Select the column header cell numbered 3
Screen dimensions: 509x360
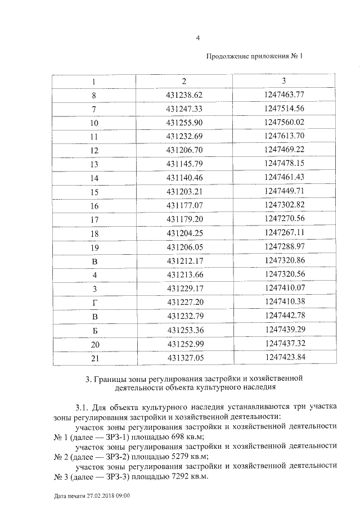[x=283, y=81]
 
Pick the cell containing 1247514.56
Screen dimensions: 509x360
[x=283, y=109]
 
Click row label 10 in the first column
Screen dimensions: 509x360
[x=94, y=123]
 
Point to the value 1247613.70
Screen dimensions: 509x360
[x=283, y=136]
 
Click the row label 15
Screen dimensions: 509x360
[x=94, y=192]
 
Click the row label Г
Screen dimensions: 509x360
[x=94, y=302]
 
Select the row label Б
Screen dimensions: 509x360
[x=94, y=330]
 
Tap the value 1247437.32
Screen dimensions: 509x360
[x=283, y=343]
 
